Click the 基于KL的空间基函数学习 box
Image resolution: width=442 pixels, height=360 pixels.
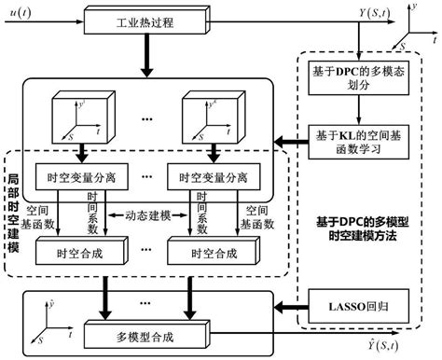(356, 139)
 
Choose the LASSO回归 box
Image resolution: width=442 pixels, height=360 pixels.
(356, 305)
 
